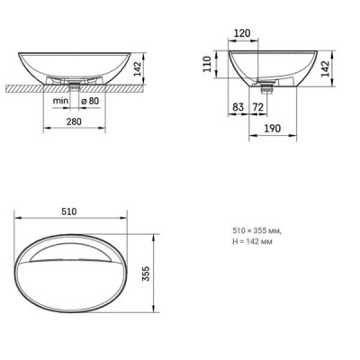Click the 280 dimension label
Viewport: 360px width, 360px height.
pyautogui.click(x=74, y=121)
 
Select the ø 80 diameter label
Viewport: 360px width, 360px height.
pyautogui.click(x=90, y=101)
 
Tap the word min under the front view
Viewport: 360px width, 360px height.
pyautogui.click(x=60, y=101)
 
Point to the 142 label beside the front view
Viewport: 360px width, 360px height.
pyautogui.click(x=137, y=69)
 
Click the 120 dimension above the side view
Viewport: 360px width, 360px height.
pyautogui.click(x=242, y=33)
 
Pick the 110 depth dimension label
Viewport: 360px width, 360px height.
pyautogui.click(x=207, y=64)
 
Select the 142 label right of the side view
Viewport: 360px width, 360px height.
pyautogui.click(x=325, y=68)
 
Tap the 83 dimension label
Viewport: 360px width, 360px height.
pyautogui.click(x=238, y=107)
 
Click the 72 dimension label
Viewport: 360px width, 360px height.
pyautogui.click(x=257, y=107)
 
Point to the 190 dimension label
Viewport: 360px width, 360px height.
pyautogui.click(x=273, y=129)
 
